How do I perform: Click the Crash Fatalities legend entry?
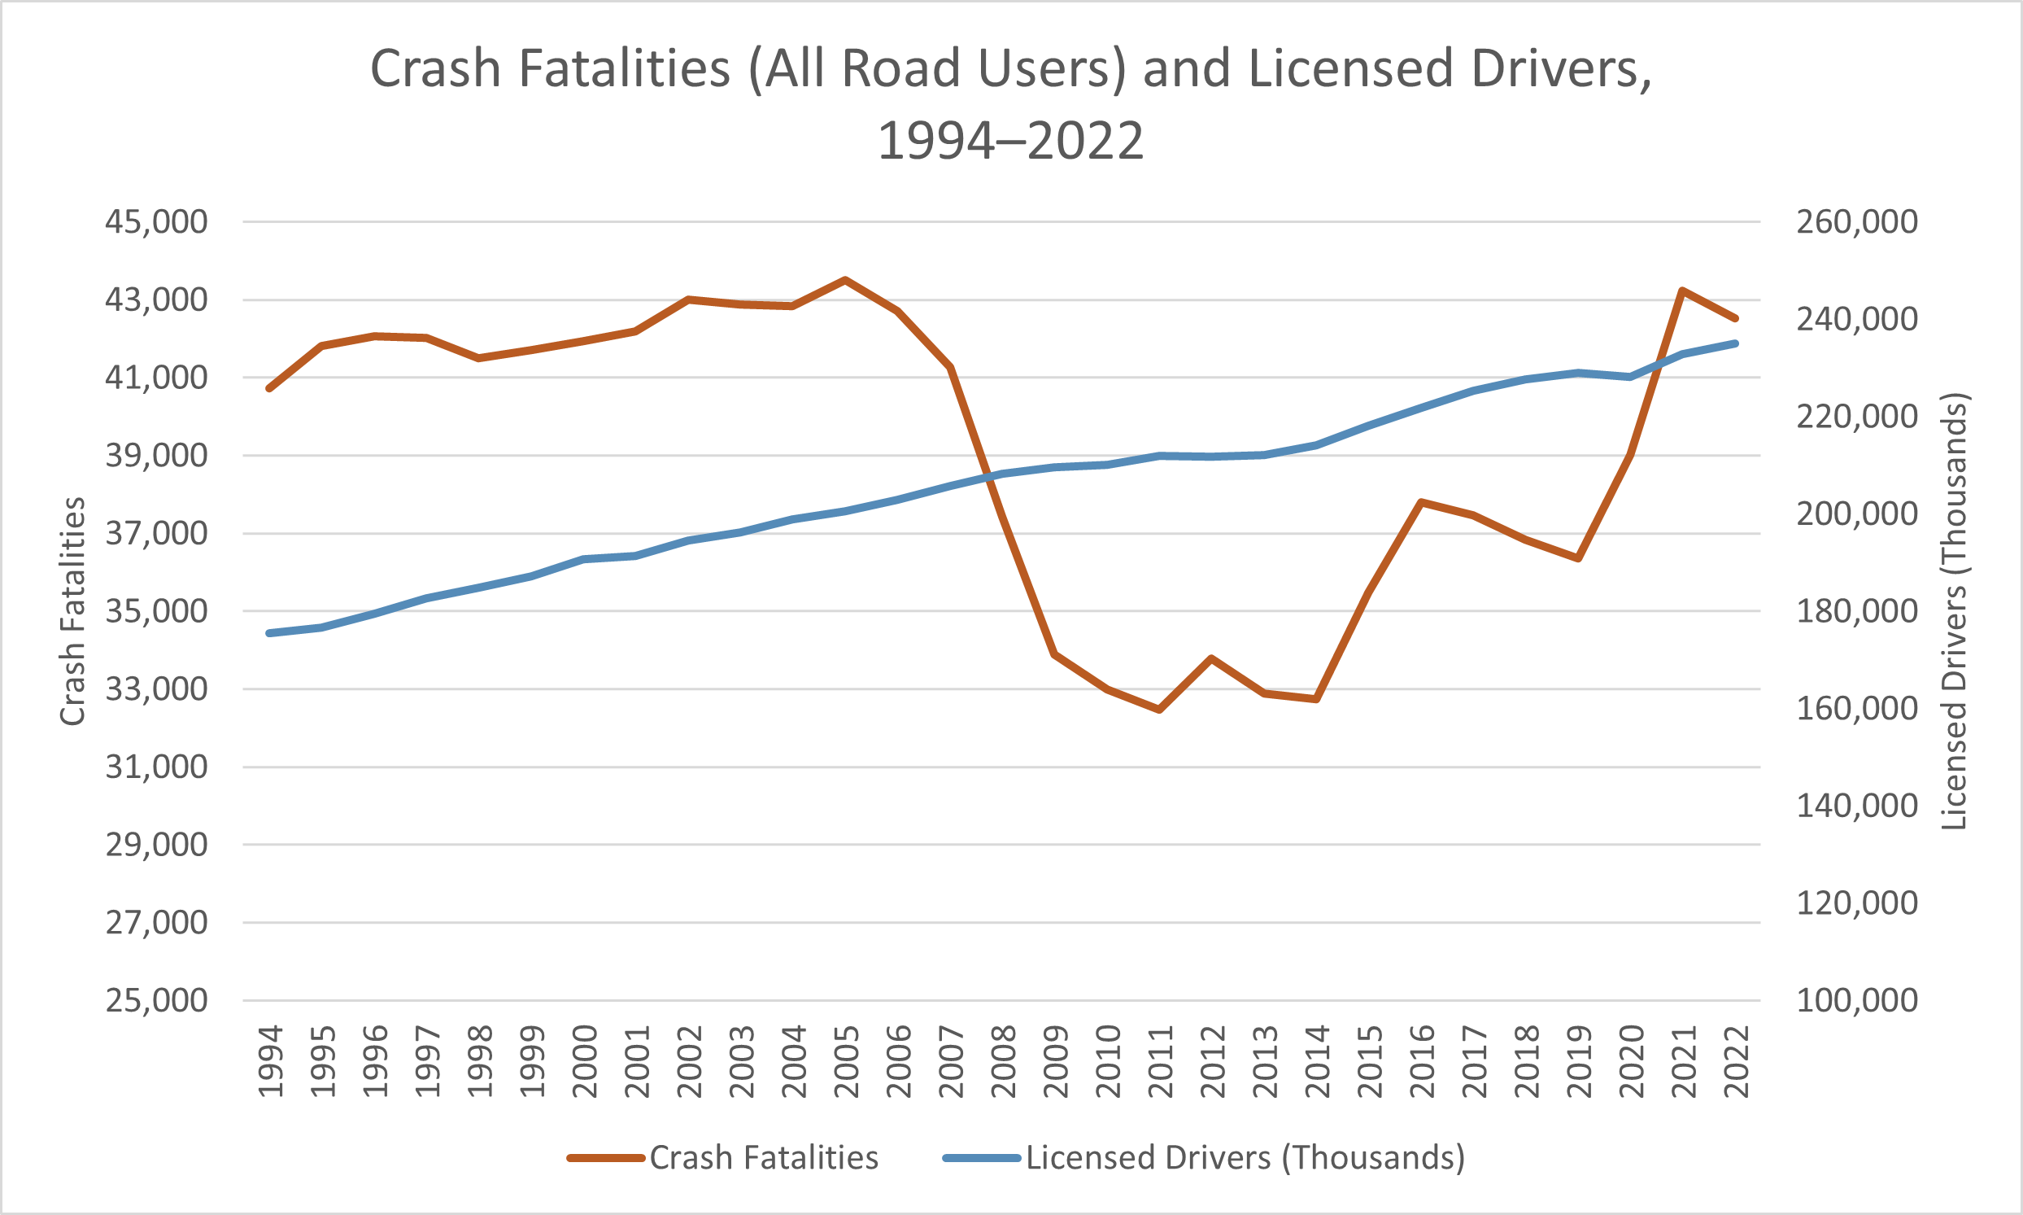(763, 1158)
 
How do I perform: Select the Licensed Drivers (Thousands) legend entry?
(1244, 1158)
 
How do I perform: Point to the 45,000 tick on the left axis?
(156, 222)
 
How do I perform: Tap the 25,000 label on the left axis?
(156, 1000)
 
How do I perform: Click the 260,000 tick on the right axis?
(1856, 222)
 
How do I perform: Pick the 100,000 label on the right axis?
(1856, 1000)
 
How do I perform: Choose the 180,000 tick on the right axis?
(1856, 612)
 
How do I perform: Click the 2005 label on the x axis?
(845, 1061)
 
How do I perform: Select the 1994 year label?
(270, 1061)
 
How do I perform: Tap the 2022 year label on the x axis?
(1735, 1061)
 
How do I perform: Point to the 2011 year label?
(1160, 1061)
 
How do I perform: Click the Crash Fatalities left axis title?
(73, 611)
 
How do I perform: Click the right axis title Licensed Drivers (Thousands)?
(1954, 611)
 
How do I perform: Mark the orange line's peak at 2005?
(845, 280)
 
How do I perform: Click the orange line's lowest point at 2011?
(1160, 709)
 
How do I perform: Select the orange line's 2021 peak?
(1682, 291)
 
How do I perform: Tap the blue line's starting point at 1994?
(270, 633)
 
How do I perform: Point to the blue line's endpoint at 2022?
(1735, 343)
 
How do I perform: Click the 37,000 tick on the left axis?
(156, 534)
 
